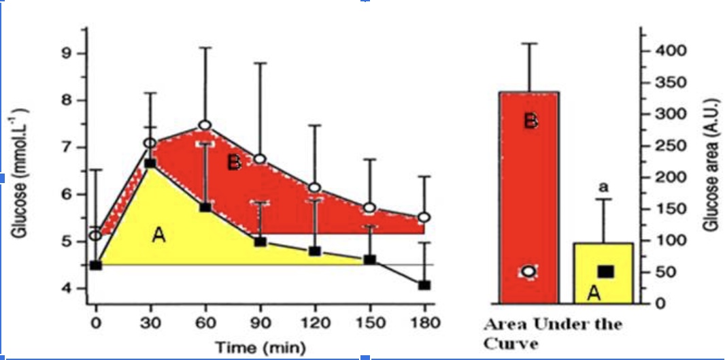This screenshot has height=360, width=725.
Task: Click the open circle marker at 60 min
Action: pyautogui.click(x=205, y=125)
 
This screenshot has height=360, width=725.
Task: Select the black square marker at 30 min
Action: pyautogui.click(x=150, y=163)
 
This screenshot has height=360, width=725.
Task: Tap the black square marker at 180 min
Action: pyautogui.click(x=424, y=284)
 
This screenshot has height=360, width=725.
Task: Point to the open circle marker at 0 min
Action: pyautogui.click(x=96, y=235)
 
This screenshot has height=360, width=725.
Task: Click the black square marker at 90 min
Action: pyautogui.click(x=260, y=242)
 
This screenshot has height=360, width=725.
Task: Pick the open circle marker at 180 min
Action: pyautogui.click(x=424, y=217)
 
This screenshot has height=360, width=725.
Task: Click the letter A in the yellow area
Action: pyautogui.click(x=158, y=235)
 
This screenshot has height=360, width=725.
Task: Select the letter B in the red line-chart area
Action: pyautogui.click(x=234, y=162)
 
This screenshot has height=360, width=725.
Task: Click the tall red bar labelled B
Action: pyautogui.click(x=529, y=197)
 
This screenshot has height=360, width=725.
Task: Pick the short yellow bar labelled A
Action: pyautogui.click(x=604, y=272)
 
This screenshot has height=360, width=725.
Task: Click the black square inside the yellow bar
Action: pyautogui.click(x=605, y=272)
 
